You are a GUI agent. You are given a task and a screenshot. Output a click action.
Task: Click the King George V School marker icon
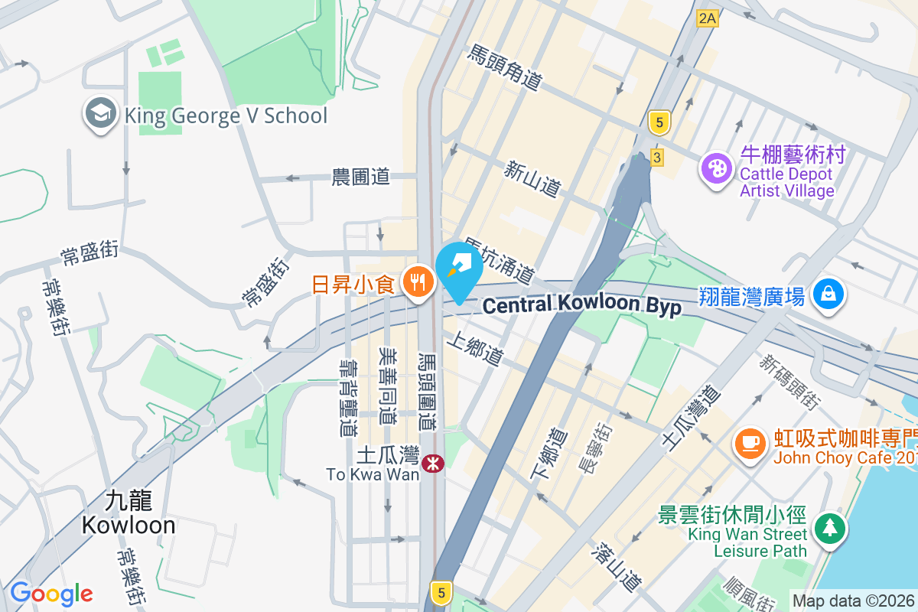pos(101,115)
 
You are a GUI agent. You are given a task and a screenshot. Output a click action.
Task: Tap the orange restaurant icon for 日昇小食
pos(418,284)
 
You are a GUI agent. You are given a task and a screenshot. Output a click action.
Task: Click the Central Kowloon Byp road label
pos(581,304)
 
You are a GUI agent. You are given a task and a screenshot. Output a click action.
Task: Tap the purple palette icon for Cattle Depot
pos(717,169)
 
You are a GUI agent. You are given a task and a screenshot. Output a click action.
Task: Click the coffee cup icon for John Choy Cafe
pos(750,444)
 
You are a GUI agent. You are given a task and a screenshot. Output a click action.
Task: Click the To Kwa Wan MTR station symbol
pos(432,462)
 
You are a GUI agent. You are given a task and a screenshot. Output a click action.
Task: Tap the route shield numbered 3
pos(656,158)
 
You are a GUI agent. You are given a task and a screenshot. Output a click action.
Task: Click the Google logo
pos(51,594)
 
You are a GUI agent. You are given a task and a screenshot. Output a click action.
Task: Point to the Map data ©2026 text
pos(853,601)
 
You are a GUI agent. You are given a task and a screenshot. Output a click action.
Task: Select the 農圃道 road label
pos(361,177)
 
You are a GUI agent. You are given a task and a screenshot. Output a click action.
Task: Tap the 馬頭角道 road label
pos(505,67)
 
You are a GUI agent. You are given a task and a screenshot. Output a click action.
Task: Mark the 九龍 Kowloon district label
pos(129,513)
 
